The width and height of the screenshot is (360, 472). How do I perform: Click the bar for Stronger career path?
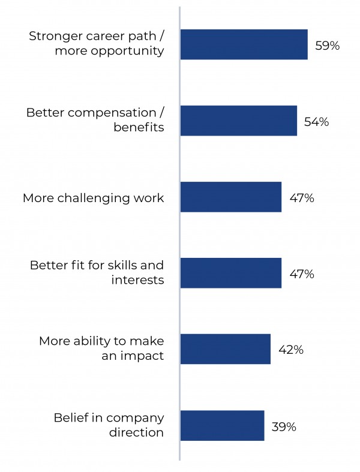click(244, 44)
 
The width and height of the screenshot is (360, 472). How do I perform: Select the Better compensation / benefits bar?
click(238, 121)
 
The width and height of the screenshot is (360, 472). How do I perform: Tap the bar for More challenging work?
click(230, 197)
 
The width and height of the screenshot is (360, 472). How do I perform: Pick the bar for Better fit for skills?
click(230, 273)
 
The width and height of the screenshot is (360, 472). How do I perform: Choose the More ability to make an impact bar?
click(225, 349)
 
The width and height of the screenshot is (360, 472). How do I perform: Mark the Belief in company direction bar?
click(222, 425)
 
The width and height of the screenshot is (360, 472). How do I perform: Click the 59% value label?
click(328, 46)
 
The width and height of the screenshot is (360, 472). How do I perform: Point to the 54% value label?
click(316, 122)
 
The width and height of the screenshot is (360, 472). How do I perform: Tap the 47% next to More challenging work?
click(301, 198)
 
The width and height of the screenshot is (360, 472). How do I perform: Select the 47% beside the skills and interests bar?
click(301, 274)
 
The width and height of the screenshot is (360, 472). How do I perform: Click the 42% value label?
click(290, 350)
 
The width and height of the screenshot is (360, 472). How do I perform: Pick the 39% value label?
click(284, 426)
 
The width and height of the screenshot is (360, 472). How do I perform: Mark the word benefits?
click(139, 127)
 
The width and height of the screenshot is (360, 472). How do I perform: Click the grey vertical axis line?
click(179, 240)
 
